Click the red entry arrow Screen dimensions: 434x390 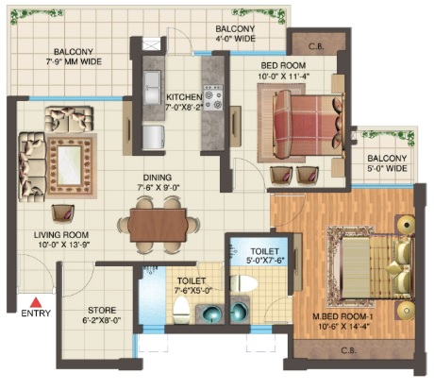coord(37,302)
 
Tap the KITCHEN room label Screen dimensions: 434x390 coord(184,97)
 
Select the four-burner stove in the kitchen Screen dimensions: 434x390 coord(213,97)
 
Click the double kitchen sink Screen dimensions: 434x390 coord(153,88)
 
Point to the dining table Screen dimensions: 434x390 coord(159,225)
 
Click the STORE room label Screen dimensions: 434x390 coord(102,310)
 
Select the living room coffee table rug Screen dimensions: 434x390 coord(71,167)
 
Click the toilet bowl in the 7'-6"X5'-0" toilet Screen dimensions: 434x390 coord(181,309)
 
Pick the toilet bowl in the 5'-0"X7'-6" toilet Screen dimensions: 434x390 coord(244,283)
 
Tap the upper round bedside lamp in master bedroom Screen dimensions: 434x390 coord(407,225)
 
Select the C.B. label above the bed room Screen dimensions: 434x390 coord(316,46)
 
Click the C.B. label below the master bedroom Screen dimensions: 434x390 coord(349,350)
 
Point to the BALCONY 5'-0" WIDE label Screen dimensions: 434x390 coord(387,163)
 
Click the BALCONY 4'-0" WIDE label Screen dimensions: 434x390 coord(235,34)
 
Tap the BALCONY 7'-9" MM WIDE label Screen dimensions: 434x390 coord(74,57)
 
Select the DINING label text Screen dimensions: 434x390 coord(158,178)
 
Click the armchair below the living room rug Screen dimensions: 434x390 coord(63,214)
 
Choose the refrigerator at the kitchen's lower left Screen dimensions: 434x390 coord(154,137)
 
